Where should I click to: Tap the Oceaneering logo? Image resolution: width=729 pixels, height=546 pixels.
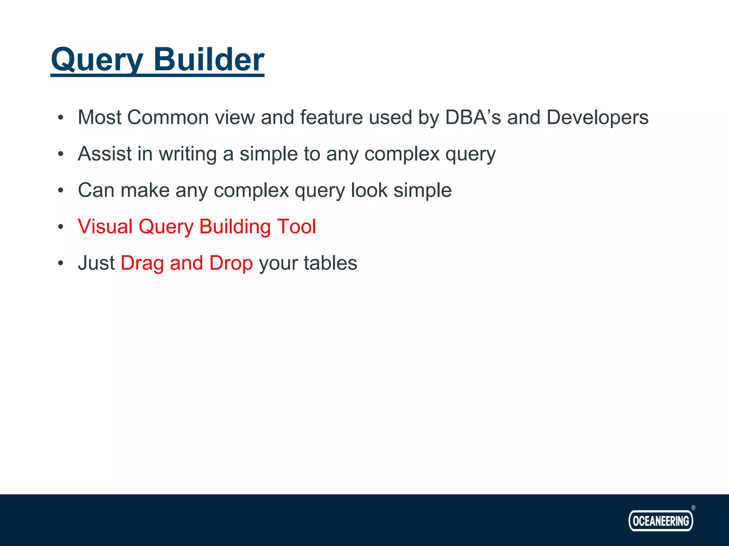[x=661, y=521]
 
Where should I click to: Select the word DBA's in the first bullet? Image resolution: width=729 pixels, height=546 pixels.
[x=473, y=117]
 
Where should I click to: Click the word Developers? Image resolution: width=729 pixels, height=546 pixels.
[x=597, y=117]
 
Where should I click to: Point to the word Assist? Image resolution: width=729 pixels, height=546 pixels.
[x=105, y=154]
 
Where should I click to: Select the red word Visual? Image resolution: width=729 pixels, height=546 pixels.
[x=105, y=226]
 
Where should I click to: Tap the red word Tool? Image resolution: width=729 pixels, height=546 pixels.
[x=297, y=226]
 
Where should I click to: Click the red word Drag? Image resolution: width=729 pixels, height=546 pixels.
[x=142, y=263]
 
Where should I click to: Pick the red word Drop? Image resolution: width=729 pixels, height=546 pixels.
[x=231, y=263]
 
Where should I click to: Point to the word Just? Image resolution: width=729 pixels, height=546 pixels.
[x=96, y=263]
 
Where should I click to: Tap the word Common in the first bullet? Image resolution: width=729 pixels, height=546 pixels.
[x=168, y=117]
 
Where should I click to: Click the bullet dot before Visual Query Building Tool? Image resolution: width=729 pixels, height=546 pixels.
[x=61, y=226]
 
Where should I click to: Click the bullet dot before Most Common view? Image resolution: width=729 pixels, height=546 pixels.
[x=61, y=118]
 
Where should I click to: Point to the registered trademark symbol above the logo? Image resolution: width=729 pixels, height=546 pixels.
[x=693, y=508]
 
